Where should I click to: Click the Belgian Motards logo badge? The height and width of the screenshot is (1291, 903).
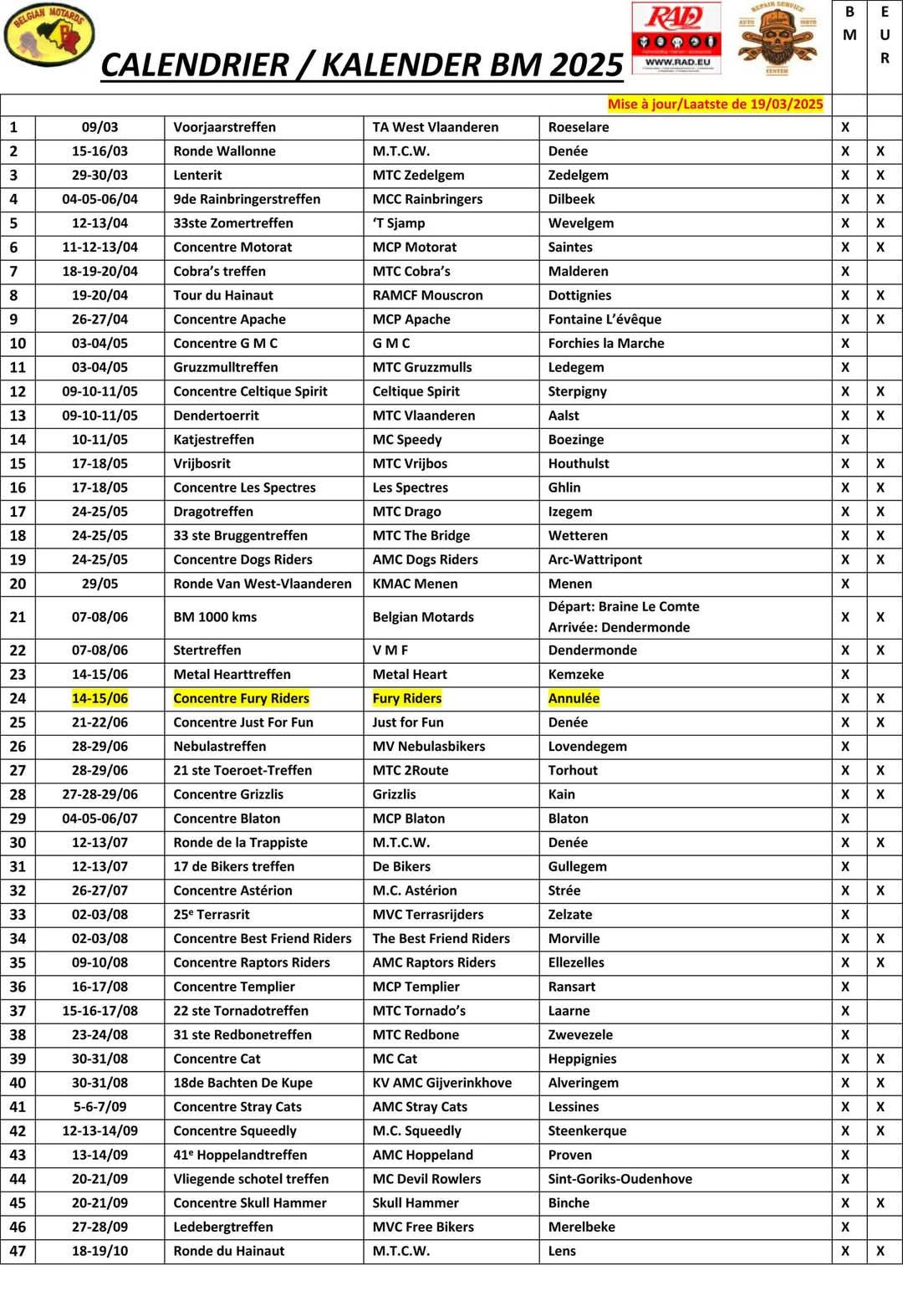tap(49, 35)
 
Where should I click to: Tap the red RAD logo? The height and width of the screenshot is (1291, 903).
tap(676, 36)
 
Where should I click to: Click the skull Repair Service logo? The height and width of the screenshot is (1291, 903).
tap(777, 38)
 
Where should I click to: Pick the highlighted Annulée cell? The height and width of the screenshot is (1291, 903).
tap(574, 698)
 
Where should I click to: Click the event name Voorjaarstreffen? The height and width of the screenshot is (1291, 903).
tap(224, 127)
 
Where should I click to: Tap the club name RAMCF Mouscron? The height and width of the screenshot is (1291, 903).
tap(427, 295)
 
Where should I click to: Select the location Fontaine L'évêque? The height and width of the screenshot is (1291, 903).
tap(605, 319)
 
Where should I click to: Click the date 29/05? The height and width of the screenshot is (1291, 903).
tap(99, 584)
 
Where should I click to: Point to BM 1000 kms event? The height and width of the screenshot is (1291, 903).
tap(215, 617)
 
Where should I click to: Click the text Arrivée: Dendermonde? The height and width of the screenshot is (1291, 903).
tap(619, 627)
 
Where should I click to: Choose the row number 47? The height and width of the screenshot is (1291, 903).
tap(18, 1251)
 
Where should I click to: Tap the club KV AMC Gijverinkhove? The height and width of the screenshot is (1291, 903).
tap(441, 1083)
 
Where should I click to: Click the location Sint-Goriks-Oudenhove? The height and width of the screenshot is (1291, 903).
tap(620, 1179)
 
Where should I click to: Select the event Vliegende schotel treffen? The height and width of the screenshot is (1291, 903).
tap(251, 1179)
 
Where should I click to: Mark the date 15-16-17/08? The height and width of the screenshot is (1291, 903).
tap(99, 1011)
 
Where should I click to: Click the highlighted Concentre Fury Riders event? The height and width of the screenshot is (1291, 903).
tap(241, 698)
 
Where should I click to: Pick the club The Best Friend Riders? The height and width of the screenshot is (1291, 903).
tap(441, 939)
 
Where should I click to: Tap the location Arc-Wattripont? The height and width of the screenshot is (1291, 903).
tap(594, 559)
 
